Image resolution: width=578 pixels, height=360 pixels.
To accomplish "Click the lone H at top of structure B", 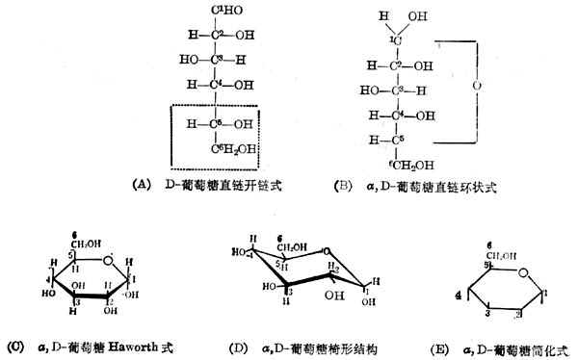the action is click(384, 14).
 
